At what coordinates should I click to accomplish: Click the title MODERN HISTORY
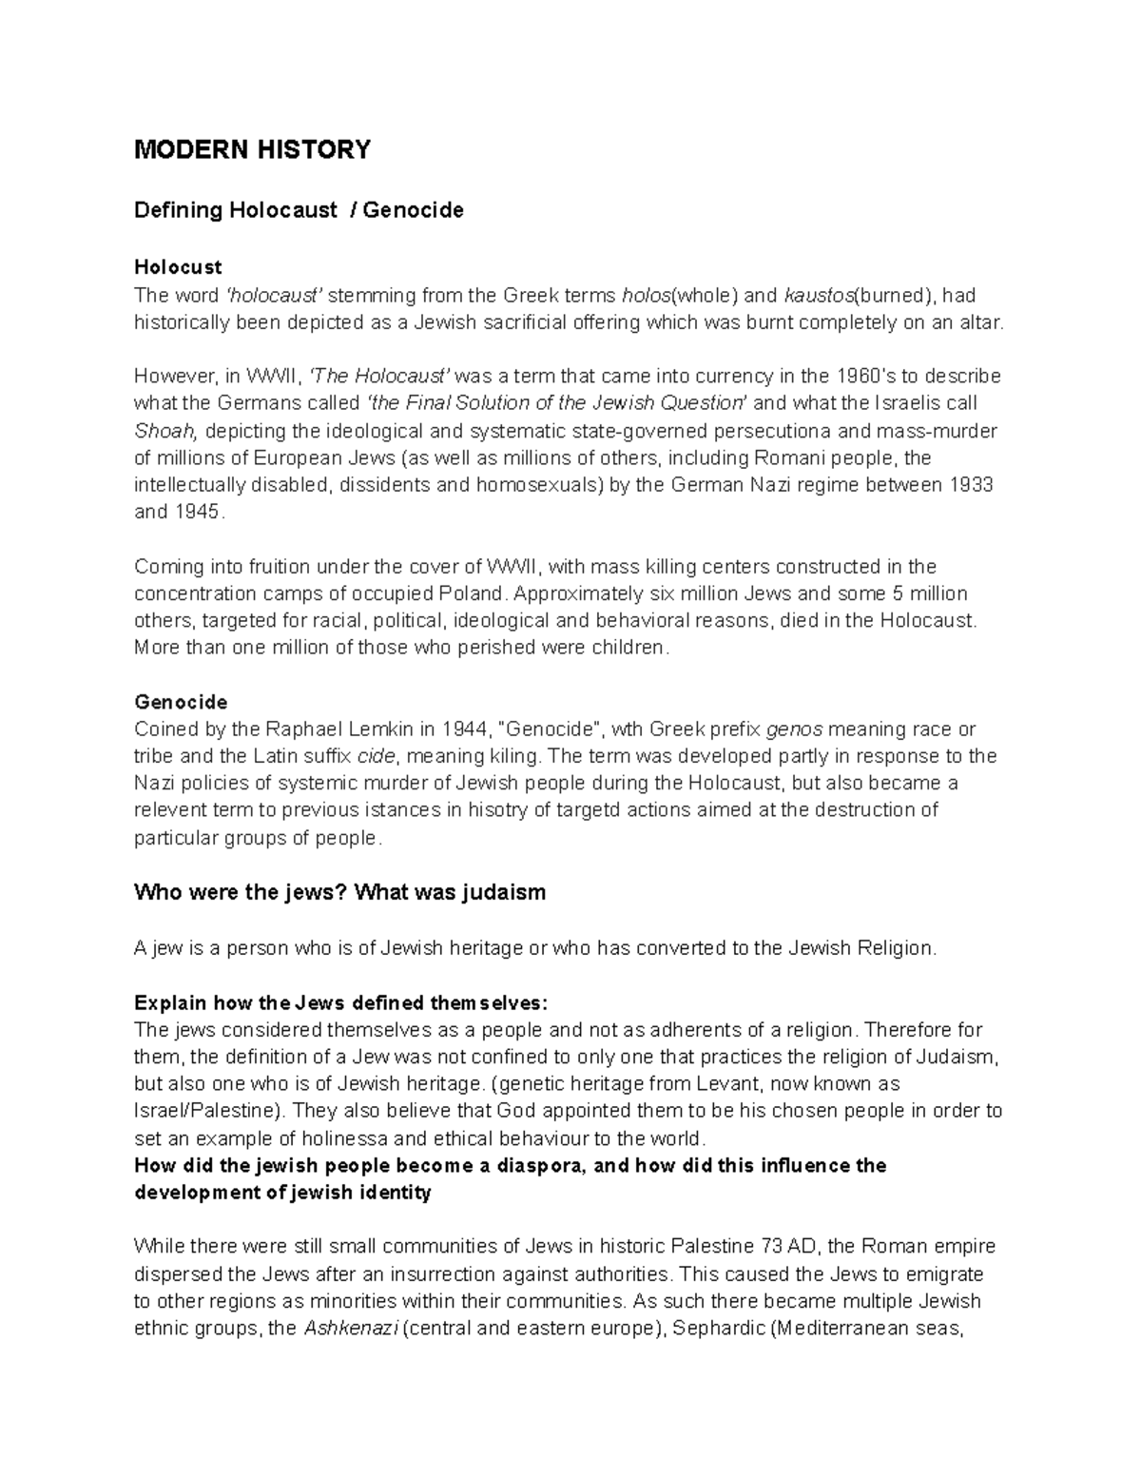[x=252, y=150]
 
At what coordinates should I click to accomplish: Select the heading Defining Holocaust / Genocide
[x=299, y=210]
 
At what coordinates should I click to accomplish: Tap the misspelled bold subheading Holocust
[x=178, y=267]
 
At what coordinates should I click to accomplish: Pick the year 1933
[x=971, y=485]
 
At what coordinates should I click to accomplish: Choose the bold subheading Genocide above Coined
[x=181, y=703]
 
